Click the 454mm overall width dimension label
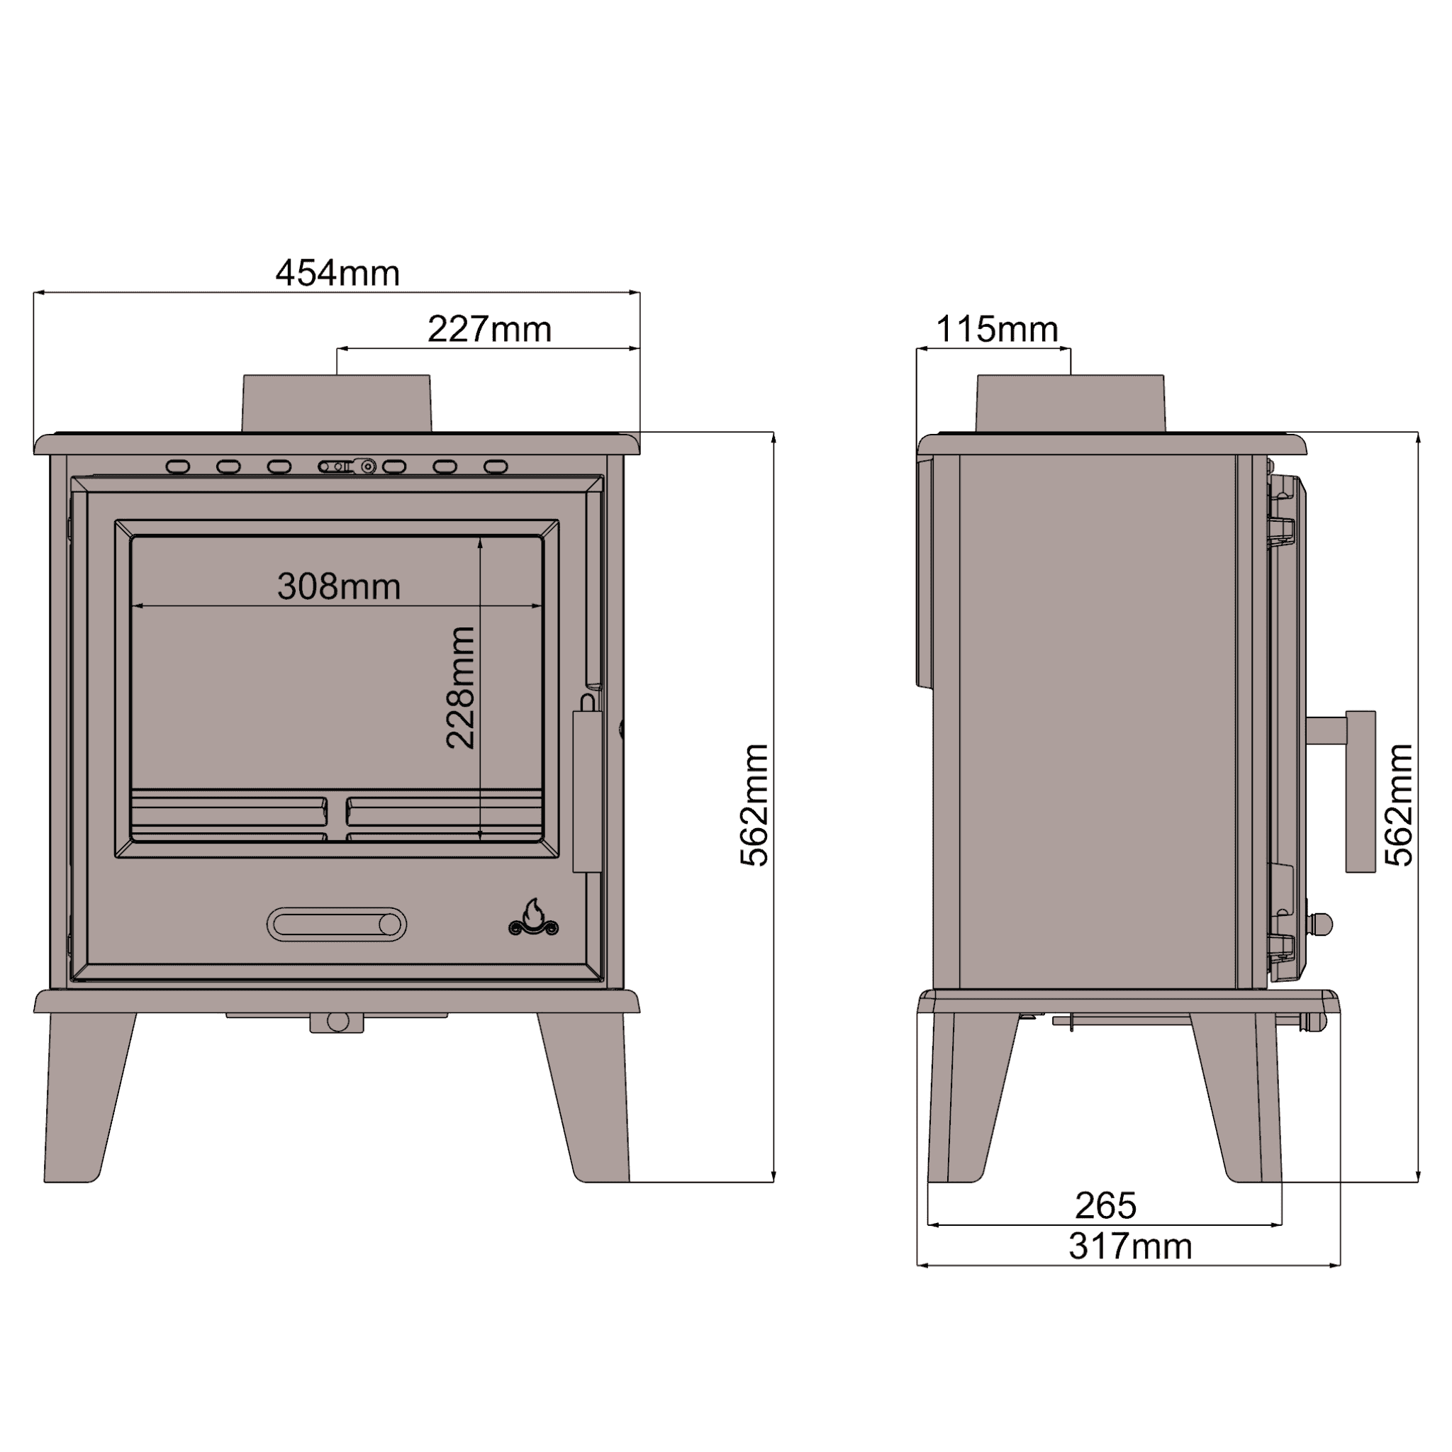337,274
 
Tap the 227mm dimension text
489,330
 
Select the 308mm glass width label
339,587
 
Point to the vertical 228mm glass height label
461,688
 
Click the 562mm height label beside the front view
754,805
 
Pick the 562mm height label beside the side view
1400,805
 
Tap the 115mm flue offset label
997,330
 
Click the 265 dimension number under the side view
1105,1206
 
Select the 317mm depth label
1130,1247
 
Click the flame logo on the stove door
534,917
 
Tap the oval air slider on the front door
337,925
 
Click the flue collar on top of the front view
337,403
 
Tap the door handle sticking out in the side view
1359,789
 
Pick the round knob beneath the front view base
337,1022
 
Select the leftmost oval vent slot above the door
178,467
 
